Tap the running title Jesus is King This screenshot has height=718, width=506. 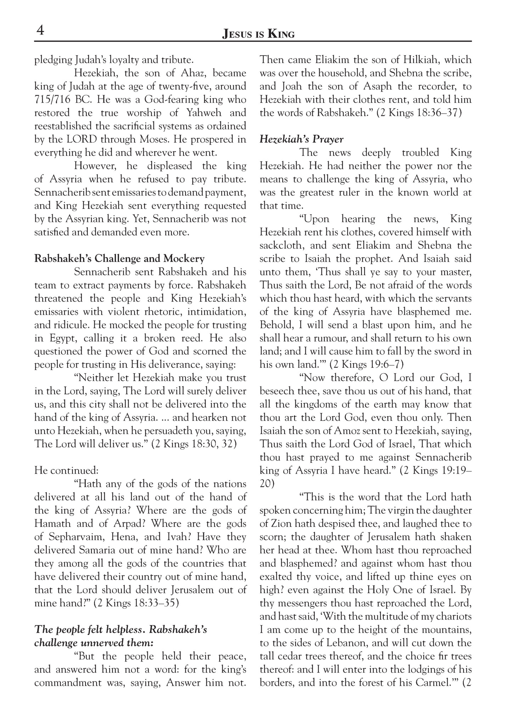pyautogui.click(x=258, y=34)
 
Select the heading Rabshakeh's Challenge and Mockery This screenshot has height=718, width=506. pyautogui.click(x=119, y=258)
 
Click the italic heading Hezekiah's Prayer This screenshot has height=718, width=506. pyautogui.click(x=301, y=139)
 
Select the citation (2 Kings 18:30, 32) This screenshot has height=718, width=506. pyautogui.click(x=194, y=444)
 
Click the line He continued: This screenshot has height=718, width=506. pyautogui.click(x=66, y=471)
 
